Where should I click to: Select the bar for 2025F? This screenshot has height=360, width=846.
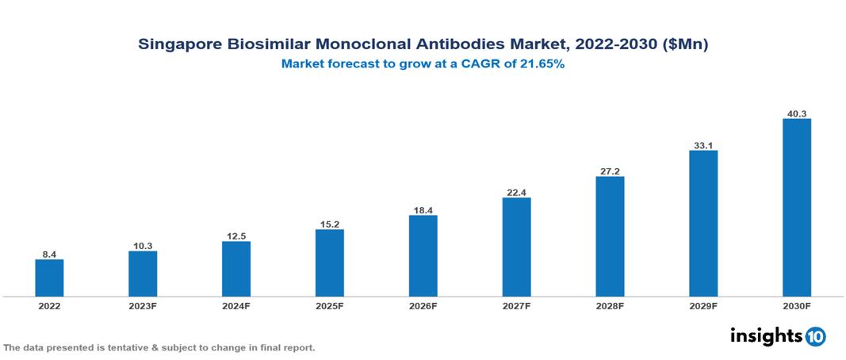(x=329, y=262)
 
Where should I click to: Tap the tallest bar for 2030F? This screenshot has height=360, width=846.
(x=797, y=208)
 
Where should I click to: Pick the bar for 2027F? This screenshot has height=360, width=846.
(x=516, y=247)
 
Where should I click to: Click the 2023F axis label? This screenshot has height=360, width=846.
(x=143, y=306)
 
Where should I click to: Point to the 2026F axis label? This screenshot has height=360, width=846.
(x=423, y=306)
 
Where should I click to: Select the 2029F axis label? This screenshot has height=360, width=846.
(x=703, y=306)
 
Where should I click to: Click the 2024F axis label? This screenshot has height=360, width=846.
(x=236, y=306)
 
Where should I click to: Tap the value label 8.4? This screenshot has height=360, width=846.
(x=49, y=254)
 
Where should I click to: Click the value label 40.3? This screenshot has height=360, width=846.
(x=797, y=113)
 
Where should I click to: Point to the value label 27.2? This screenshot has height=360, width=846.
(x=610, y=170)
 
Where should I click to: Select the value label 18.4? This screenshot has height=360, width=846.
(x=423, y=209)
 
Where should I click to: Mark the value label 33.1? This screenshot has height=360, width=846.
(x=703, y=145)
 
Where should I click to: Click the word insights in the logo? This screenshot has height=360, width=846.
(x=765, y=335)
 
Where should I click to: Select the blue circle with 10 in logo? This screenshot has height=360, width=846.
(x=815, y=336)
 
